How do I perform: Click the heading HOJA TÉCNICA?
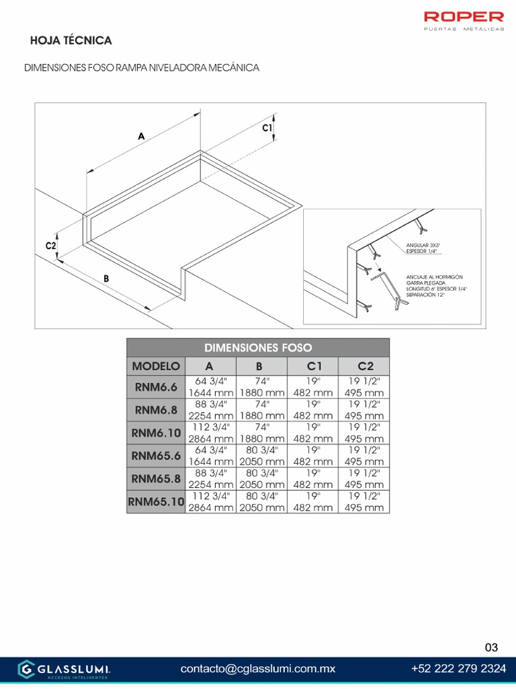(71, 40)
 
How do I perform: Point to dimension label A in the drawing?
(141, 136)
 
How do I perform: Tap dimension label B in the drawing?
(106, 278)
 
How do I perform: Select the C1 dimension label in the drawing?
(267, 127)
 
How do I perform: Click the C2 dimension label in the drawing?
(50, 246)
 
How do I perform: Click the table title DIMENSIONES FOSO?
(258, 348)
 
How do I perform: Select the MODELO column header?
(156, 366)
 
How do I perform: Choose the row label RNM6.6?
(156, 388)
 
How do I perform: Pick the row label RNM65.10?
(156, 501)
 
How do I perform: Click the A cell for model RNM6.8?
(210, 410)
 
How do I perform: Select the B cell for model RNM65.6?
(262, 456)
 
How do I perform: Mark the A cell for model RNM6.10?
(210, 433)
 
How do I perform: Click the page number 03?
(492, 647)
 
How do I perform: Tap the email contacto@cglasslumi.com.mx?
(258, 669)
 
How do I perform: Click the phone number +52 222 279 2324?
(458, 669)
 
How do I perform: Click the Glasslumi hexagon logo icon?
(26, 669)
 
